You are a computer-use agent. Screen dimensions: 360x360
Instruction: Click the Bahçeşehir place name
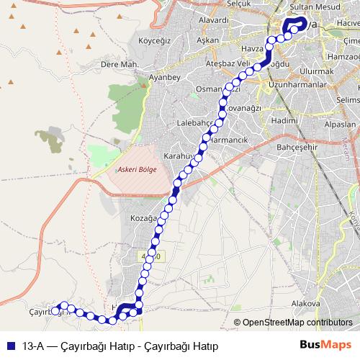tap(292, 145)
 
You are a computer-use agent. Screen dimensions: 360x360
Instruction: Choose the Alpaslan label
tap(341, 124)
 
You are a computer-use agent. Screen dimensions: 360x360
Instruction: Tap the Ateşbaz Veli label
tap(228, 63)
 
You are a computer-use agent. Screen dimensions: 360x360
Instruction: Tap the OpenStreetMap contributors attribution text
tap(297, 323)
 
